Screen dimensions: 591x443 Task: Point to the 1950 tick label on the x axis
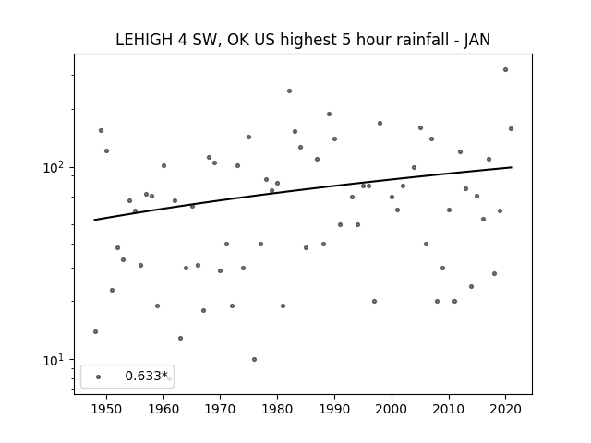pos(106,409)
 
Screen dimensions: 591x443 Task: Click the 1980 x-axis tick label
pos(277,409)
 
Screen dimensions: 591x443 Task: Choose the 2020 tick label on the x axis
pos(505,409)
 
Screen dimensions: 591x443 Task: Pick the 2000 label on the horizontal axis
pos(392,409)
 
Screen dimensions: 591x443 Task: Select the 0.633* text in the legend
pos(146,376)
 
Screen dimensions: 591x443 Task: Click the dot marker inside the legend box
pos(99,377)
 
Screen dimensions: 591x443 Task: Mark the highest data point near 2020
pos(505,70)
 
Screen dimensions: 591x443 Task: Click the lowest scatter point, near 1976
pos(255,359)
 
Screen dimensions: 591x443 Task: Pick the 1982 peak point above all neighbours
pos(289,90)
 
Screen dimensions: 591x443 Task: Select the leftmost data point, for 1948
pos(95,331)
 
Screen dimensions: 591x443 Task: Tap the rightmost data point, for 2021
pos(511,129)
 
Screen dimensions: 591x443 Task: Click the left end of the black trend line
pos(94,220)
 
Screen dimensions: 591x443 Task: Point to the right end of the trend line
pos(512,167)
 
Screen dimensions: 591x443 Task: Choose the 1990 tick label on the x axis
pos(334,409)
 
